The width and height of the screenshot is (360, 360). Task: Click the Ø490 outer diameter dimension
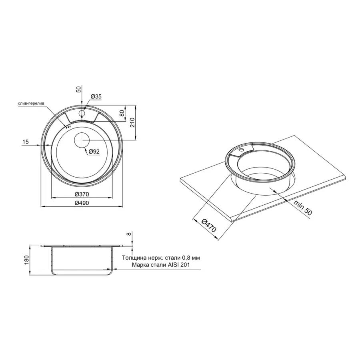[82, 203]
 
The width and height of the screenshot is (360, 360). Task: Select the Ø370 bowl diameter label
[82, 194]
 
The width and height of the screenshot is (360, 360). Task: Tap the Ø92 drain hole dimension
[94, 152]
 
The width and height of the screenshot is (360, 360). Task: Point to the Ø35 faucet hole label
[96, 96]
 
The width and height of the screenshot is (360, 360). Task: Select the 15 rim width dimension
[26, 142]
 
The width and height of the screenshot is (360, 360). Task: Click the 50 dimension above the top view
[79, 89]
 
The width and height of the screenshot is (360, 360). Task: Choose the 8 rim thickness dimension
[128, 234]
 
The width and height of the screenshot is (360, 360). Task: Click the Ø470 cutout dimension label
[208, 226]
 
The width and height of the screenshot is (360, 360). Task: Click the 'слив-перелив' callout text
[32, 104]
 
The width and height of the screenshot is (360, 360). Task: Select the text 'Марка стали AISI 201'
[160, 265]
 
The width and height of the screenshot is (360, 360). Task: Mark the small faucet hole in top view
[82, 114]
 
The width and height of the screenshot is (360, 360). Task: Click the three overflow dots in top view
[68, 127]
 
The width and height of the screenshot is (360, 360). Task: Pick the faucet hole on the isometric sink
[242, 150]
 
